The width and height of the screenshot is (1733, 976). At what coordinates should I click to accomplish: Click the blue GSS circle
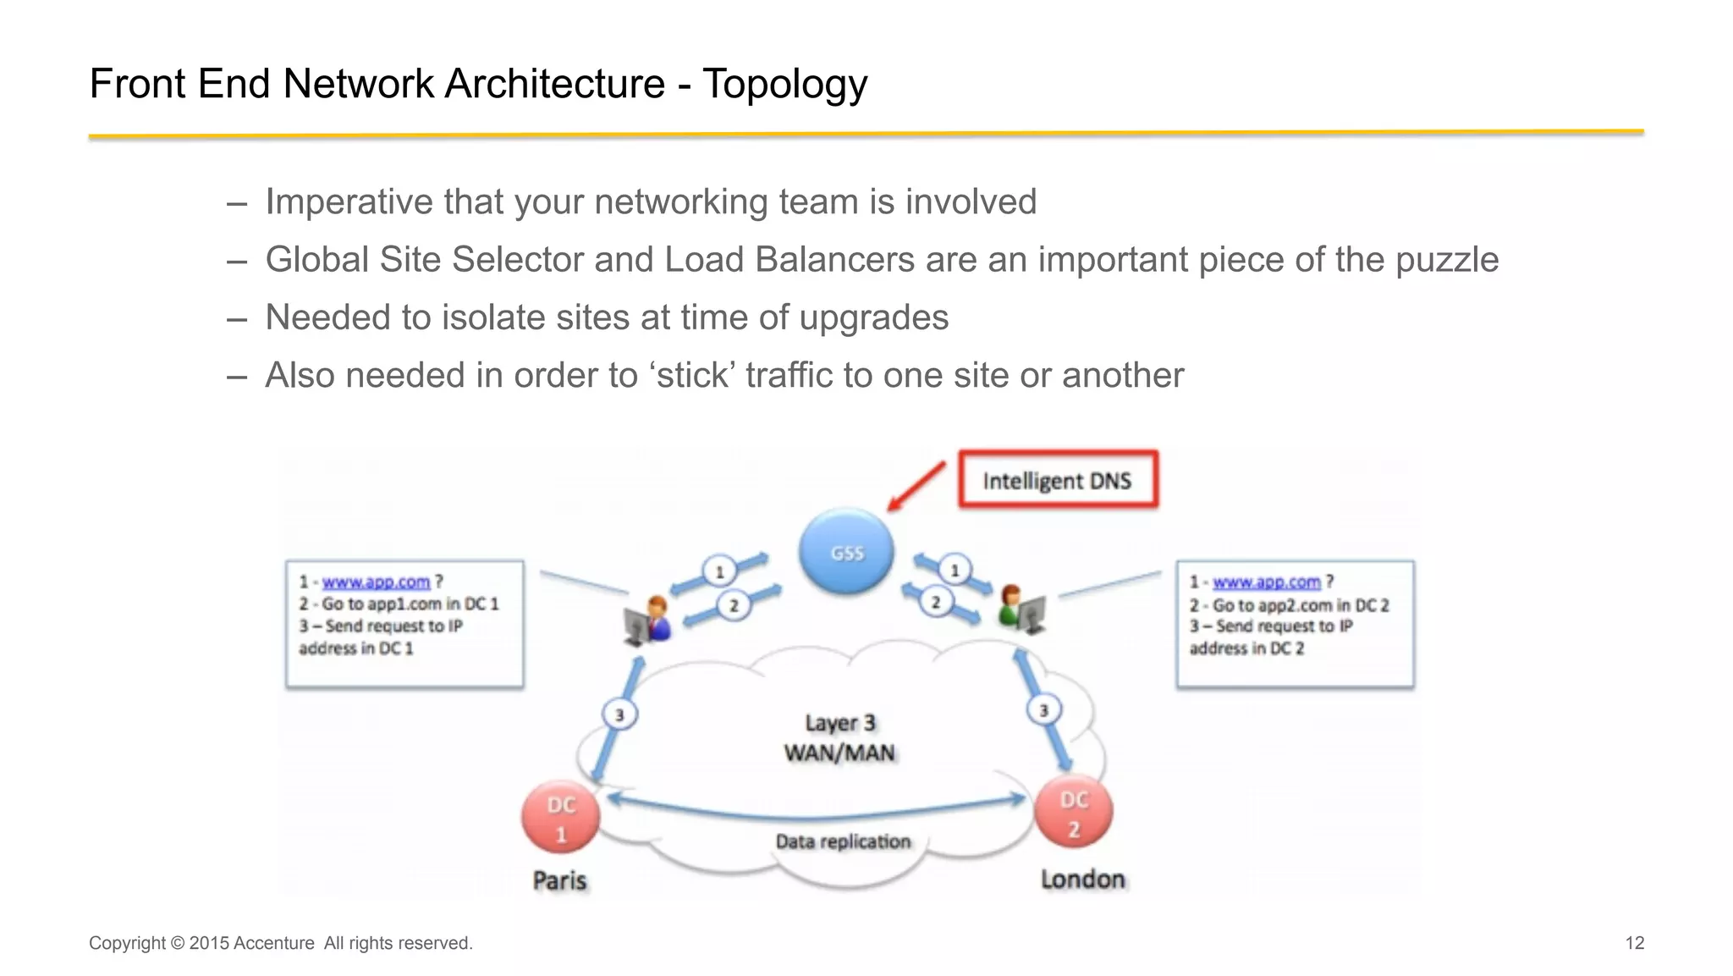(x=846, y=552)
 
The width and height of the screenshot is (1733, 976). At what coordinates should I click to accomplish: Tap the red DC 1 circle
(x=560, y=818)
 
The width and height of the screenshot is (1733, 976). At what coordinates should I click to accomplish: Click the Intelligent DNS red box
(x=1058, y=480)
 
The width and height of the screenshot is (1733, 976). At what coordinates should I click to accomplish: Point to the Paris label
(x=559, y=880)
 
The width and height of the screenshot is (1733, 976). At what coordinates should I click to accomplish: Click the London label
(x=1082, y=880)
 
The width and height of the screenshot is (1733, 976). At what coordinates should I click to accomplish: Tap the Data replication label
(x=843, y=841)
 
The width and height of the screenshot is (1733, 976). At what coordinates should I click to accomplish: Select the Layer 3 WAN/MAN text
(x=839, y=737)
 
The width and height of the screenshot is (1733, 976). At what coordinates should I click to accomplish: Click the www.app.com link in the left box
(x=376, y=582)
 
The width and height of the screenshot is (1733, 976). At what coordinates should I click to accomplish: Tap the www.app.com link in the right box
(x=1266, y=582)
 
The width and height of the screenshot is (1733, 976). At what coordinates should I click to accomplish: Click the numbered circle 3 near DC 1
(x=619, y=714)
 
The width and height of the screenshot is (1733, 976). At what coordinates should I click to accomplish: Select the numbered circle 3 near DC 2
(x=1043, y=710)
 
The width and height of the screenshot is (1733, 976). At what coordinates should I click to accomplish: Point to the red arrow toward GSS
(x=916, y=486)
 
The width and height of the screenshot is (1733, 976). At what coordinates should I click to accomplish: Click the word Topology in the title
(x=784, y=84)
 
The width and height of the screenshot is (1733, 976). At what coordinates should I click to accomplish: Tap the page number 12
(x=1634, y=943)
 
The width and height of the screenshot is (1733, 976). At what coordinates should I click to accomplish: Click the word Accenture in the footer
(x=273, y=943)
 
